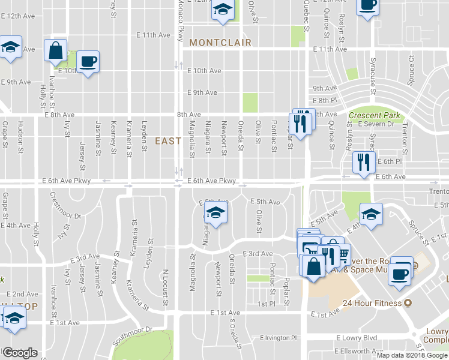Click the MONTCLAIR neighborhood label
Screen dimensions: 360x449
point(220,43)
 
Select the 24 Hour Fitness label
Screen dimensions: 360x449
point(377,303)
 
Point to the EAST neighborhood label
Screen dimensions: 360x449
point(168,141)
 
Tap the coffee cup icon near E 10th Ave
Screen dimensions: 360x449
point(88,61)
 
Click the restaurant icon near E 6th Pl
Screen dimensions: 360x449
point(363,162)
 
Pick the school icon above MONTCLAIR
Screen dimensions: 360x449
point(223,10)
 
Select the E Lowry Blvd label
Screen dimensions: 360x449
point(357,338)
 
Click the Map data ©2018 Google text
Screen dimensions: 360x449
point(411,355)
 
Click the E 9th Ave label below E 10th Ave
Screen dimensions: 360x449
point(202,92)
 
